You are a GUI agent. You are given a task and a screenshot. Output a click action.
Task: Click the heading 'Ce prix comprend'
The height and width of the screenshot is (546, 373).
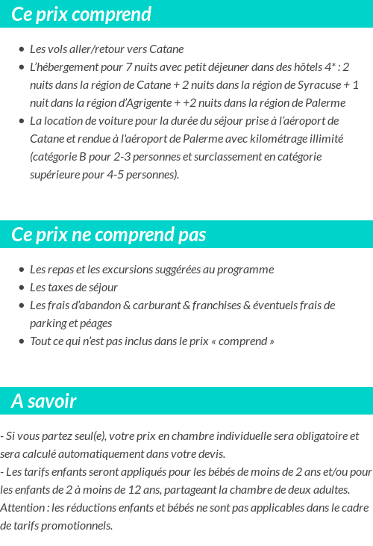pos(81,14)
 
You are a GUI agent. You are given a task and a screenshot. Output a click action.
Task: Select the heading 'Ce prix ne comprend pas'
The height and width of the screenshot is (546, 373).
pos(109,235)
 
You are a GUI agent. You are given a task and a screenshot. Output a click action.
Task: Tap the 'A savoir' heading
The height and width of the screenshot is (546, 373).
pos(44,401)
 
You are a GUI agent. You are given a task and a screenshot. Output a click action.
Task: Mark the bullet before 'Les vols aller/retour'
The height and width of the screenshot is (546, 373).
pos(22,49)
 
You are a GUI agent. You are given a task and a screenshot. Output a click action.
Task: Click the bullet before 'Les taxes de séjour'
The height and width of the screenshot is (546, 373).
pos(22,288)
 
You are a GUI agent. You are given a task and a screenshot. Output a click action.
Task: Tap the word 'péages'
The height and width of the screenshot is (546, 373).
pos(95,323)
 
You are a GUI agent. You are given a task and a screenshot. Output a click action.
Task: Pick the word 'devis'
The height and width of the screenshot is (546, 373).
pos(210,453)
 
